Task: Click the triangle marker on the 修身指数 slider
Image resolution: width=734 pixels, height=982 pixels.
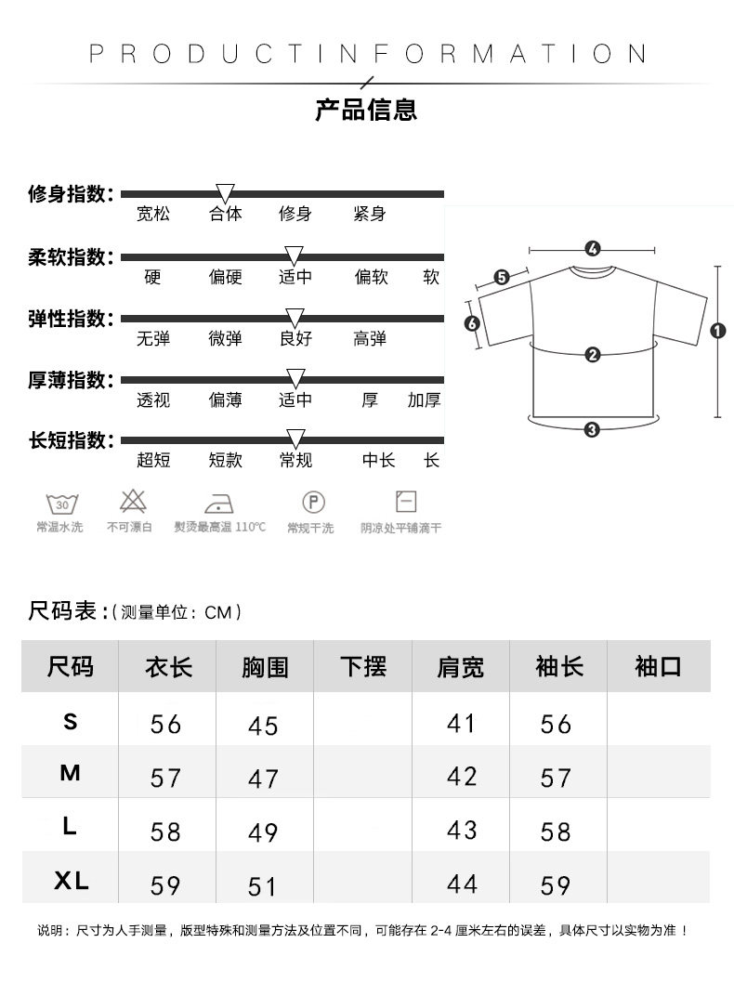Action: (x=225, y=193)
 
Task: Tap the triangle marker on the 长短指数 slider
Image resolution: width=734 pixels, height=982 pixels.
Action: (x=295, y=439)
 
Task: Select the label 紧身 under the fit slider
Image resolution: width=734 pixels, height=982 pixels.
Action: (x=370, y=215)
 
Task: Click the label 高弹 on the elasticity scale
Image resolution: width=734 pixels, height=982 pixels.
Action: (x=370, y=339)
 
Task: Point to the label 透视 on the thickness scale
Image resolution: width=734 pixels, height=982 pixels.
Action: (x=153, y=400)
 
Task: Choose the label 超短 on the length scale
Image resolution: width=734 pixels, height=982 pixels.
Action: (x=153, y=460)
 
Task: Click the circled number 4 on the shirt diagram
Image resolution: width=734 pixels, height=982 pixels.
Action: (x=593, y=249)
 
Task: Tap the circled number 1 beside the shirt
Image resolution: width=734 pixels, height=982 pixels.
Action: (x=717, y=330)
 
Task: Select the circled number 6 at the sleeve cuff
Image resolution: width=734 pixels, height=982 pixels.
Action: (x=472, y=324)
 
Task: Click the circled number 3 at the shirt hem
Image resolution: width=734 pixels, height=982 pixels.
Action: (x=592, y=429)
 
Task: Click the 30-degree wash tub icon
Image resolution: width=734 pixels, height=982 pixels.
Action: (x=62, y=504)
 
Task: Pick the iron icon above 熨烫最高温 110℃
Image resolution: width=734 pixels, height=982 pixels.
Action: (x=219, y=503)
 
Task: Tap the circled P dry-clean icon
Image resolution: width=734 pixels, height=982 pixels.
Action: (x=314, y=503)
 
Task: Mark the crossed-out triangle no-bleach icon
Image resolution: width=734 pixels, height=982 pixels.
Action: (x=133, y=502)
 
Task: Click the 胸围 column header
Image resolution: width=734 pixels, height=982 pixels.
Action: (x=265, y=667)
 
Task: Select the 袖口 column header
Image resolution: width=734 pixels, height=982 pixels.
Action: (x=658, y=666)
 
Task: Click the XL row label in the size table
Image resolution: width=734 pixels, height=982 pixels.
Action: (x=71, y=881)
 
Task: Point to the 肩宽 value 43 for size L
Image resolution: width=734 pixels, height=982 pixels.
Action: (x=462, y=831)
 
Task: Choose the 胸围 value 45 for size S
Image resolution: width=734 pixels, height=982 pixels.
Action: (x=263, y=726)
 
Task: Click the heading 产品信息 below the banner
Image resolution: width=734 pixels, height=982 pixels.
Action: (x=366, y=110)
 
